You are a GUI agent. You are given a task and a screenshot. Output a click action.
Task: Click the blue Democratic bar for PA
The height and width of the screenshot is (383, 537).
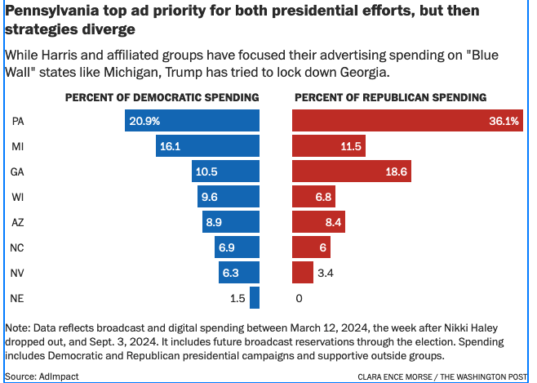click(193, 121)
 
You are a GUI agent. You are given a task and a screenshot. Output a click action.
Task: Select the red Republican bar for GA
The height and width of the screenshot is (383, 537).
click(352, 171)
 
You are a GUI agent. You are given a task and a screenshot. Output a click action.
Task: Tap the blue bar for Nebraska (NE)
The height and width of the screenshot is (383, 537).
click(255, 298)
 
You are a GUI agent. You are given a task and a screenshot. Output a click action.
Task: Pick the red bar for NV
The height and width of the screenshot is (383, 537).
click(303, 273)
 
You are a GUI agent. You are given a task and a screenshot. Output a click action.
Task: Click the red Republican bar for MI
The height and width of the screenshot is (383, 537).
click(329, 146)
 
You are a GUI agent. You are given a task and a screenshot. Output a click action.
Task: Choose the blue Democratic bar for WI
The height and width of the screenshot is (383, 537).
click(229, 197)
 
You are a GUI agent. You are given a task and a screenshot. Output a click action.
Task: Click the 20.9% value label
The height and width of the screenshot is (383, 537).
click(144, 121)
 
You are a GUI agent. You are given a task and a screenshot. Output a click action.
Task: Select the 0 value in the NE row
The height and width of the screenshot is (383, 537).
click(299, 298)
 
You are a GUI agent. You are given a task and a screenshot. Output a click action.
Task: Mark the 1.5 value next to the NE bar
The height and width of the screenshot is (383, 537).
click(237, 298)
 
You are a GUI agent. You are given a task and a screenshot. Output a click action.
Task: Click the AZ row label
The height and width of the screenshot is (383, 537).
click(18, 222)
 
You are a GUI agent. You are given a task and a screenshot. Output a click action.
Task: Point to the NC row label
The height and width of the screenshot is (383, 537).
click(18, 247)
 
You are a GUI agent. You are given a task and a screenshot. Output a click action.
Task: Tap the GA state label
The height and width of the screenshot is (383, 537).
click(18, 171)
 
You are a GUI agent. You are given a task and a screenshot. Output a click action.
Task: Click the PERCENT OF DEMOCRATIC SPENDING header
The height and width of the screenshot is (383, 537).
click(162, 97)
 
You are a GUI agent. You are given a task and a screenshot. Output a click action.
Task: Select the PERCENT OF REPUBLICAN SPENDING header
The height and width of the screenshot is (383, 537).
click(390, 97)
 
